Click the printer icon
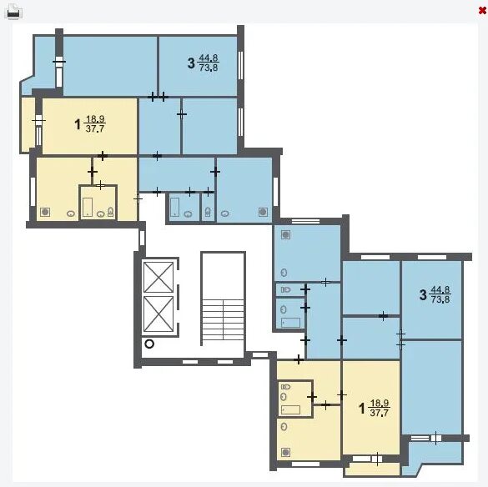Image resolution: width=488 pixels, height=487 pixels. (14, 13)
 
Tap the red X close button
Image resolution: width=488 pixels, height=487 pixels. (482, 11)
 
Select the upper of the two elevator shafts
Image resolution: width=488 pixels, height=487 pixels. (158, 277)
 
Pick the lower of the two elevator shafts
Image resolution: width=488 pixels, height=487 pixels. (158, 314)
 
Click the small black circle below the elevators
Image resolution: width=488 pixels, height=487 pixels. (149, 344)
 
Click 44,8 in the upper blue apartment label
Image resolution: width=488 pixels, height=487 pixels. (209, 58)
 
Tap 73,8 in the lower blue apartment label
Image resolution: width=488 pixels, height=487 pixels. (440, 299)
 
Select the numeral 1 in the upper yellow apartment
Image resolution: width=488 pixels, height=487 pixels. (78, 124)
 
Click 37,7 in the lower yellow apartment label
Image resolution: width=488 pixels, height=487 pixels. (380, 413)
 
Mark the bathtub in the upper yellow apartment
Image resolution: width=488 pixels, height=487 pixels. (88, 207)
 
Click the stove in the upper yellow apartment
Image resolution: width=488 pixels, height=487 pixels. (45, 212)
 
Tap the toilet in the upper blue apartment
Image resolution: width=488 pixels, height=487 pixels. (208, 212)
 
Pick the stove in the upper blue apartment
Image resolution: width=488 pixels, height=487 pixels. (263, 212)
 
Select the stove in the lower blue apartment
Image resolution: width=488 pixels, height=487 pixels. (285, 234)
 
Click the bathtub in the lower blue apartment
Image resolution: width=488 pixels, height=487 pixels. (291, 323)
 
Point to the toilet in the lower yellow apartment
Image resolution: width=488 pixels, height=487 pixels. (285, 387)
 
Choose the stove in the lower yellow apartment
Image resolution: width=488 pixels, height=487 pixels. (285, 452)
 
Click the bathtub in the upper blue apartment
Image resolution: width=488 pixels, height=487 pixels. (175, 207)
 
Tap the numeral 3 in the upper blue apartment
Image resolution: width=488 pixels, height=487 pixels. (191, 63)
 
